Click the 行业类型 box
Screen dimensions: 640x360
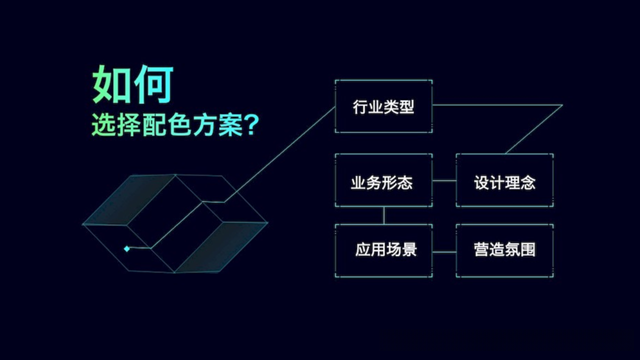point(383,106)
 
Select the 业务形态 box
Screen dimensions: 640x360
point(383,184)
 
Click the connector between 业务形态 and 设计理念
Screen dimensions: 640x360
point(445,184)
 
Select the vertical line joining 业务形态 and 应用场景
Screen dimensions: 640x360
point(383,215)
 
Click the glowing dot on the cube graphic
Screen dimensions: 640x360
point(126,248)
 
